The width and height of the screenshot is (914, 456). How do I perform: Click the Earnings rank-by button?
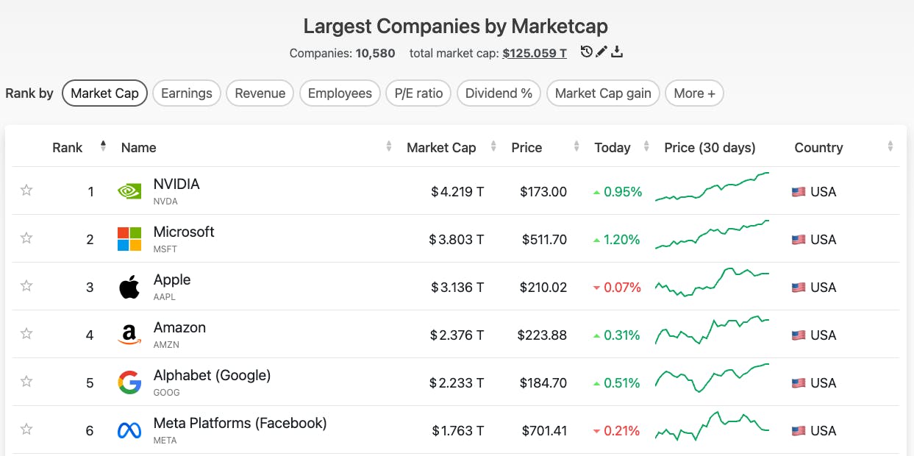(x=186, y=93)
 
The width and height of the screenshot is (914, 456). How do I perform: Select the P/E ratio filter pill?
(x=418, y=93)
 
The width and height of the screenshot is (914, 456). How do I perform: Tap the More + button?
(x=694, y=93)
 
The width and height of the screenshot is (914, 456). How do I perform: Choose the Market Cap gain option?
(x=603, y=93)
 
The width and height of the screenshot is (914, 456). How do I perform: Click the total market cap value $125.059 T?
(x=535, y=53)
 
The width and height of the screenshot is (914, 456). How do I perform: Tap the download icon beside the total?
(x=617, y=51)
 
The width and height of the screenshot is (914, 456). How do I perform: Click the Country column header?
(x=818, y=147)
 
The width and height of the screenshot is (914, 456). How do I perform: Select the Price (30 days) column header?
(x=710, y=147)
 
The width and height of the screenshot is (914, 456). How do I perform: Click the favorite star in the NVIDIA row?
(x=26, y=190)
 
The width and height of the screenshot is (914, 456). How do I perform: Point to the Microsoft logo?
(x=129, y=239)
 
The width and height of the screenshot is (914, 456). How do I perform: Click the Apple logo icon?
(x=129, y=287)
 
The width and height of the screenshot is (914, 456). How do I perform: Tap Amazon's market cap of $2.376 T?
(x=457, y=335)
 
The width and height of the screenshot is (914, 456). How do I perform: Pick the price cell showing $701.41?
(x=544, y=431)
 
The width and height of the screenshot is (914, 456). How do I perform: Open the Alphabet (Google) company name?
(x=212, y=376)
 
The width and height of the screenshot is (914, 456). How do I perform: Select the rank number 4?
(x=90, y=335)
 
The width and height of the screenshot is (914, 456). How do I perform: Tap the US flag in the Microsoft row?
(x=799, y=240)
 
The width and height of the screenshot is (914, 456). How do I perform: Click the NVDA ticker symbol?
(x=165, y=202)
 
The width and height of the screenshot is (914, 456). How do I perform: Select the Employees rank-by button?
(x=340, y=93)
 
